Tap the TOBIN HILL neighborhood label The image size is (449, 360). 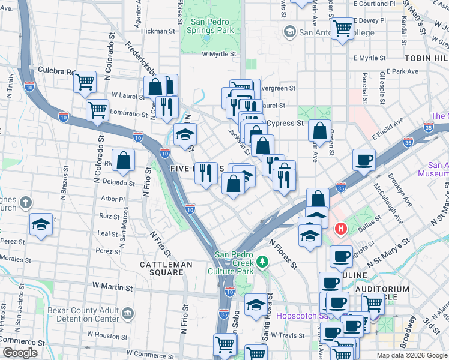coord(426,58)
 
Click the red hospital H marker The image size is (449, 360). coord(341,229)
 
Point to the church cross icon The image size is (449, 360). coord(25,202)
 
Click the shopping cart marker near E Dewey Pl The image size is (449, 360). coord(342,28)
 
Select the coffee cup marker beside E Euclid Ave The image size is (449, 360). coord(364,161)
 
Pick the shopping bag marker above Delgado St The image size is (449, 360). coord(123,161)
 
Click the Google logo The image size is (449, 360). coord(20,353)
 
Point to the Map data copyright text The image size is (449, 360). coord(411,355)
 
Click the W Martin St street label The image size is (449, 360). coord(112,288)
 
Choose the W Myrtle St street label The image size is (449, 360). coord(220,54)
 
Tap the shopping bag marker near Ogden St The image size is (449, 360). coord(321,131)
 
